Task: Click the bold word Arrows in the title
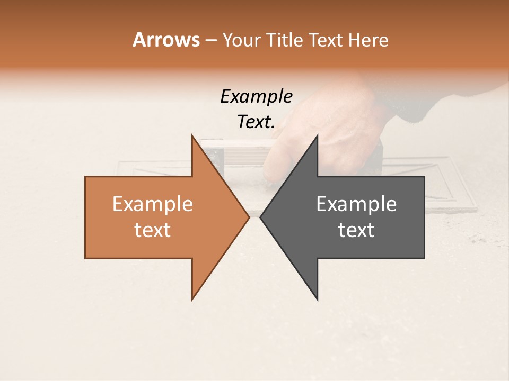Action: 166,40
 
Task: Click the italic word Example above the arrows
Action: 256,96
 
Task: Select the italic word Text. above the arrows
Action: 256,122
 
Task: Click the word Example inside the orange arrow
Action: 152,204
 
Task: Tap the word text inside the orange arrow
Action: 152,230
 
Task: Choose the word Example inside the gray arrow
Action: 356,204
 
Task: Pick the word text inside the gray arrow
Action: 356,230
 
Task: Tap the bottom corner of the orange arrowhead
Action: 192,299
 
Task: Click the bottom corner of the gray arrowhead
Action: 317,299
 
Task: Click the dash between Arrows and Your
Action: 210,41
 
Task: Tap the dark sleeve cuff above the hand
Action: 419,106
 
